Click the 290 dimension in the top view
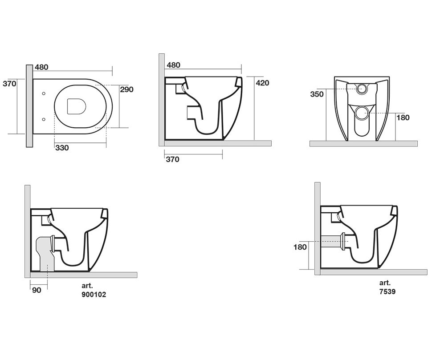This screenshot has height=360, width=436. click(x=127, y=89)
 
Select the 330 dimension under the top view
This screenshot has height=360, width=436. click(x=62, y=148)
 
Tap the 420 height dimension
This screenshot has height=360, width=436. click(x=262, y=83)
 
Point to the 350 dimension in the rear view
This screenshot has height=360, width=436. click(x=317, y=94)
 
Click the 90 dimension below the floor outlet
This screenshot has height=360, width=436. click(x=37, y=290)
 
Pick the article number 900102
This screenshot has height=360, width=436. click(x=94, y=295)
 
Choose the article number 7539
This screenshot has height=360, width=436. click(x=387, y=291)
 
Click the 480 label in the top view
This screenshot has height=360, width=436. click(x=42, y=67)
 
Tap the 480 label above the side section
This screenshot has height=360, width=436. click(x=174, y=65)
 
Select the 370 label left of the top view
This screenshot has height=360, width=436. click(x=9, y=84)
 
